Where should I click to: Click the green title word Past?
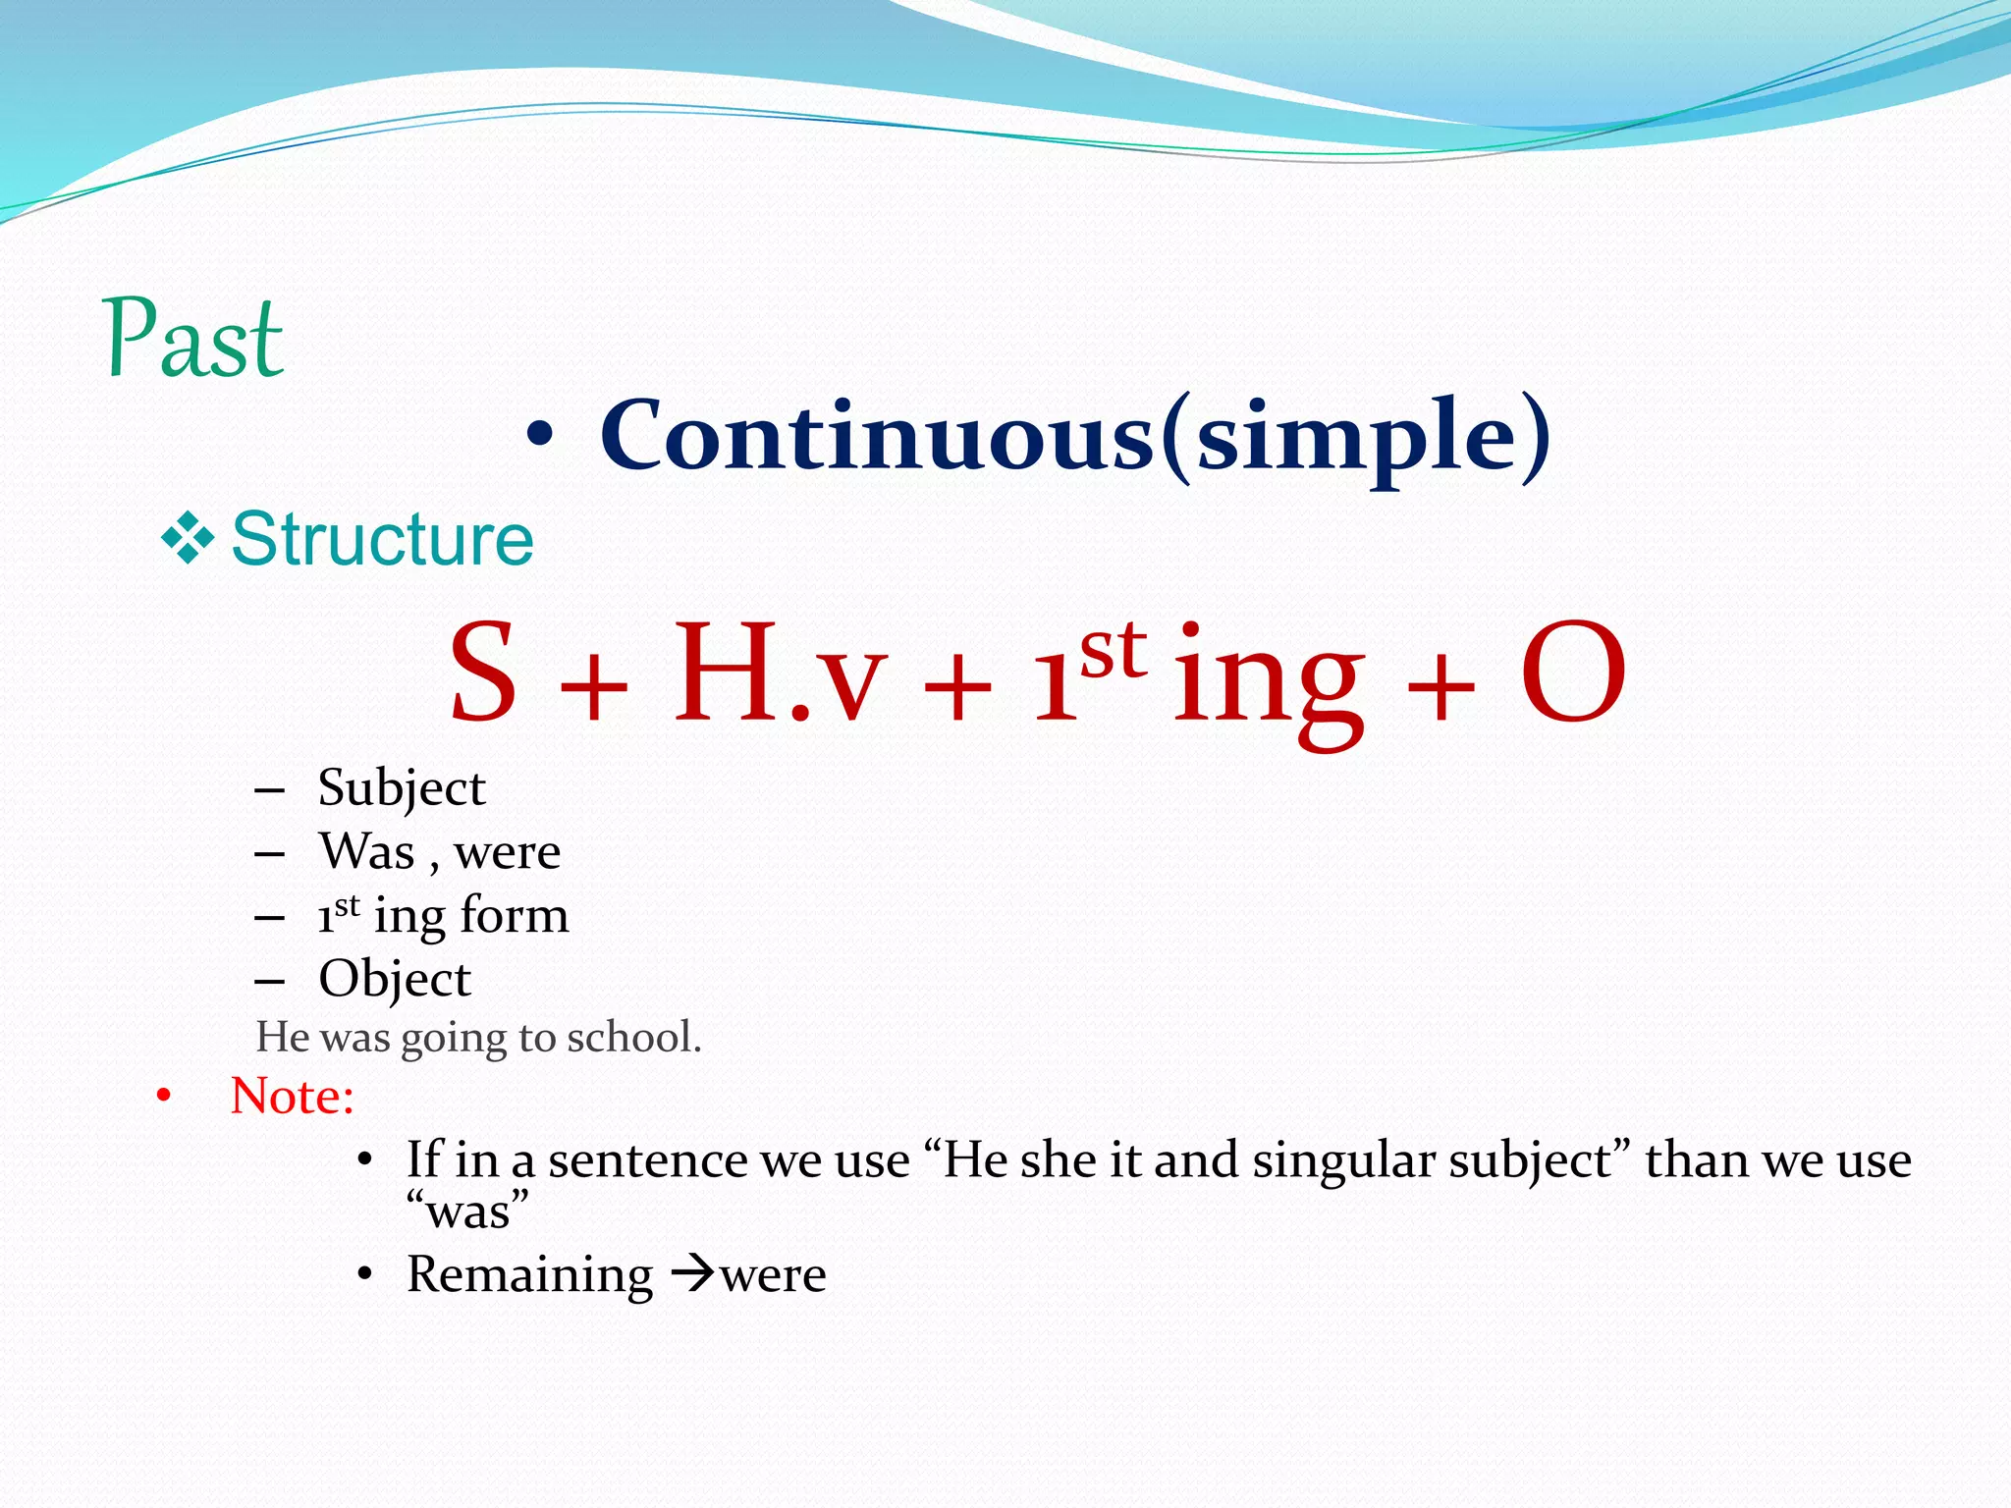[x=193, y=339]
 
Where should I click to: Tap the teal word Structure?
[x=382, y=540]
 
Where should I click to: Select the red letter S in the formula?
[x=483, y=673]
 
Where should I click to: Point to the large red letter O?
[x=1573, y=673]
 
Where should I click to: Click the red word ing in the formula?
[x=1269, y=677]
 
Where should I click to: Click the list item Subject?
[x=401, y=788]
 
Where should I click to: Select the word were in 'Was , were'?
[x=507, y=851]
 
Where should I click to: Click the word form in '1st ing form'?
[x=515, y=915]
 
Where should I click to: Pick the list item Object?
[x=395, y=979]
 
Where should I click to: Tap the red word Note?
[x=292, y=1096]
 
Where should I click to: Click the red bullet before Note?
[x=164, y=1096]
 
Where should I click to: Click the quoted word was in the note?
[x=468, y=1212]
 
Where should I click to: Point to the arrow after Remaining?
[x=693, y=1275]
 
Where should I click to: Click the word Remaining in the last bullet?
[x=529, y=1275]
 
